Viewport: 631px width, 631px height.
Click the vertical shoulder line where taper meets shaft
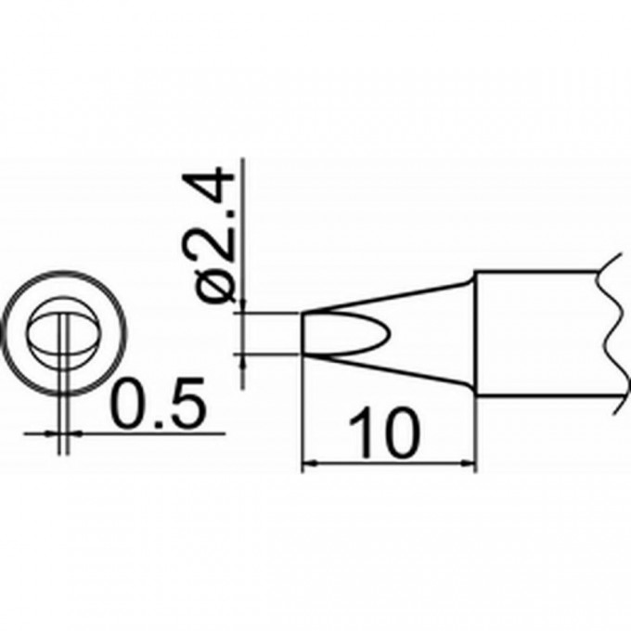click(x=476, y=334)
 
